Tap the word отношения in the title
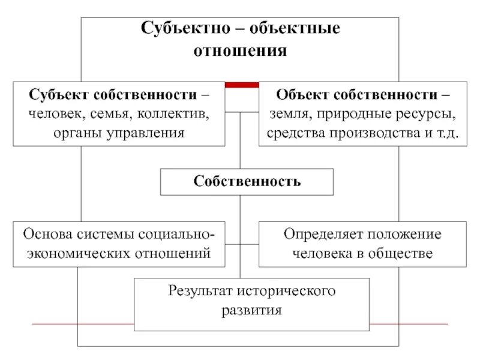coord(240,50)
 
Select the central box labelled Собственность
coord(247,181)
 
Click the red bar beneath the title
coord(242,85)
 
